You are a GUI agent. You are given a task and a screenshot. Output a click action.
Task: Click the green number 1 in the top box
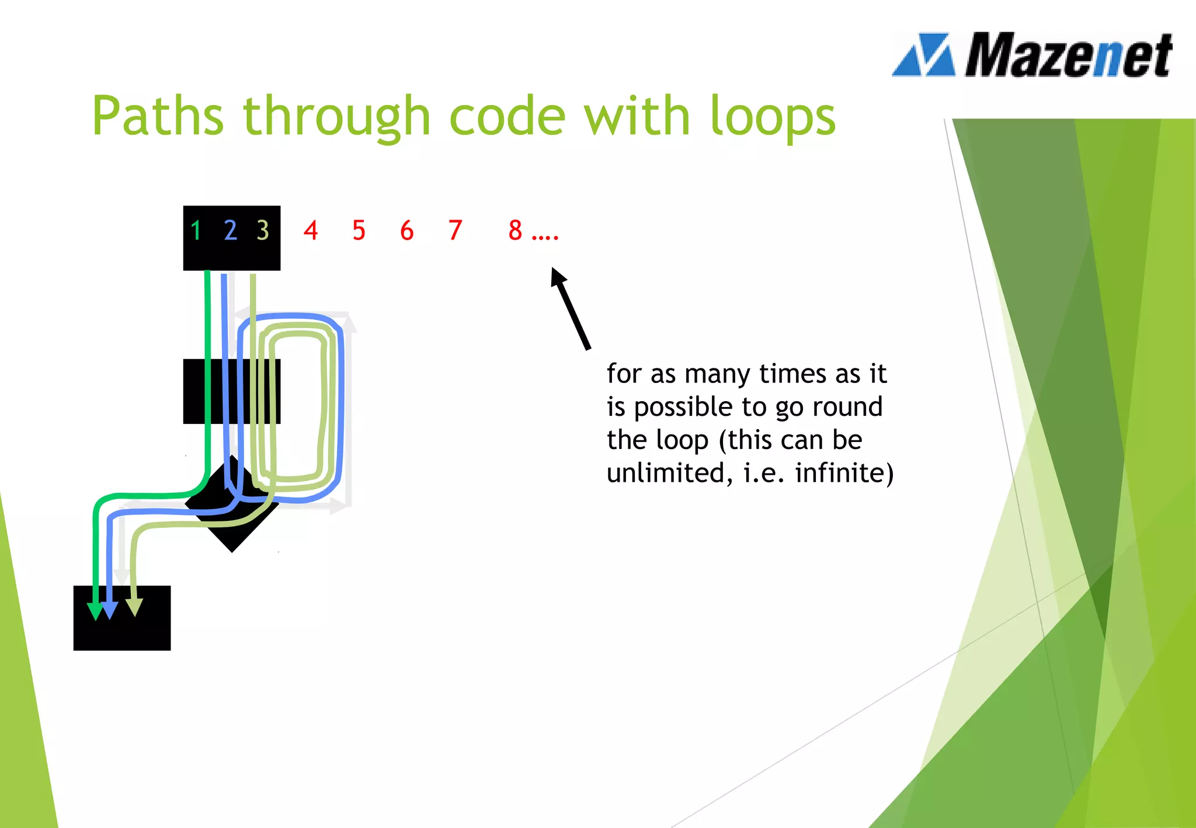pos(196,231)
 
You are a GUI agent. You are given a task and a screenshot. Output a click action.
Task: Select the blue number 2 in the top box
pos(230,231)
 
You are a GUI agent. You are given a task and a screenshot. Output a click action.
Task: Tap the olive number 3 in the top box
pos(263,231)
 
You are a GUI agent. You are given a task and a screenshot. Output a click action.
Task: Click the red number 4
pos(311,231)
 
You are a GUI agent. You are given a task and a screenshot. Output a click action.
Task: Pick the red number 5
pos(359,231)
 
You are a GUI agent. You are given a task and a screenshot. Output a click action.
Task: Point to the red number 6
pos(406,231)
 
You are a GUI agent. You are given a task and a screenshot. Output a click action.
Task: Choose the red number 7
pos(455,231)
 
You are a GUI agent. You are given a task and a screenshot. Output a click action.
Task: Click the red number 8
pos(515,231)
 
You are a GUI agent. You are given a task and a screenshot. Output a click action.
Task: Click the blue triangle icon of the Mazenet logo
pos(924,55)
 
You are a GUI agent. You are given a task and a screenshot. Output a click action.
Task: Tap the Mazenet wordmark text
pos(1068,55)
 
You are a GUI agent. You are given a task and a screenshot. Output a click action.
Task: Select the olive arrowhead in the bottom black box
pos(134,607)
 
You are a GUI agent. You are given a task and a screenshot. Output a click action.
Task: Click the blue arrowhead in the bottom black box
pos(109,611)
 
